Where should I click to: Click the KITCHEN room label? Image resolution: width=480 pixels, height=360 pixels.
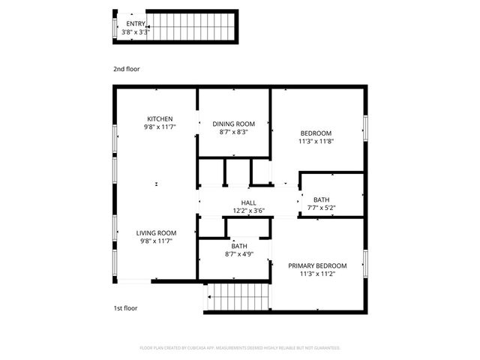click(x=160, y=118)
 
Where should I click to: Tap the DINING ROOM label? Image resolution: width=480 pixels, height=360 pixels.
click(x=234, y=124)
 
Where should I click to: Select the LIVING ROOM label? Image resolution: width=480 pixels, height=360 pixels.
click(x=156, y=232)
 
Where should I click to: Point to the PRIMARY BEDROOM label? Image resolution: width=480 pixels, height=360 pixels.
click(x=317, y=266)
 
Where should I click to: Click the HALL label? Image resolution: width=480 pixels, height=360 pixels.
click(x=248, y=202)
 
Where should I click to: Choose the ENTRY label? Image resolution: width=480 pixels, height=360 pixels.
click(x=136, y=23)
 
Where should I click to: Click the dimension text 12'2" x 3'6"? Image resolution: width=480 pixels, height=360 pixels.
click(x=248, y=211)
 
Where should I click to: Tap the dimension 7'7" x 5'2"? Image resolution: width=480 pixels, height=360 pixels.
click(x=321, y=208)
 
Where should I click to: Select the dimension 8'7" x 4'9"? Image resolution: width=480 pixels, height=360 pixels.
click(x=239, y=254)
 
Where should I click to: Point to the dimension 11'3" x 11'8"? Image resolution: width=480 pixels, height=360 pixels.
click(x=315, y=141)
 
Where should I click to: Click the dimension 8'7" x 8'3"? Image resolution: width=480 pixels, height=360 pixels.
click(x=234, y=132)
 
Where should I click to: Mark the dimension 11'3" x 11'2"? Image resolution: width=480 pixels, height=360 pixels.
click(x=317, y=274)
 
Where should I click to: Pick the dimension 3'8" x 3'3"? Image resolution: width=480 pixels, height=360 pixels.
click(x=136, y=31)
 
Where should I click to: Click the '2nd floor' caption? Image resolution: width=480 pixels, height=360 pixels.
click(x=126, y=69)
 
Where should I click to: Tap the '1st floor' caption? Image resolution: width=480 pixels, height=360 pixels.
click(x=125, y=307)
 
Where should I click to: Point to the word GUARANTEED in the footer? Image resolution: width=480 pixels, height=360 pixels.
click(x=324, y=348)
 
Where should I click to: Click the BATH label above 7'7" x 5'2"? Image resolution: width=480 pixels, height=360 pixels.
click(x=321, y=199)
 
